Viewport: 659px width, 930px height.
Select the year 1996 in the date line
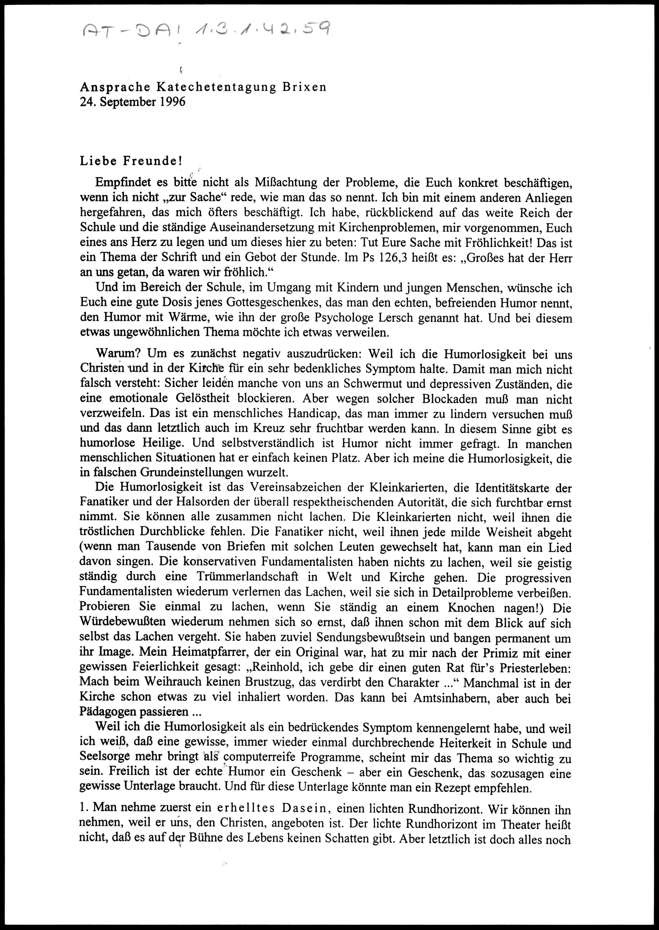click(172, 102)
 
